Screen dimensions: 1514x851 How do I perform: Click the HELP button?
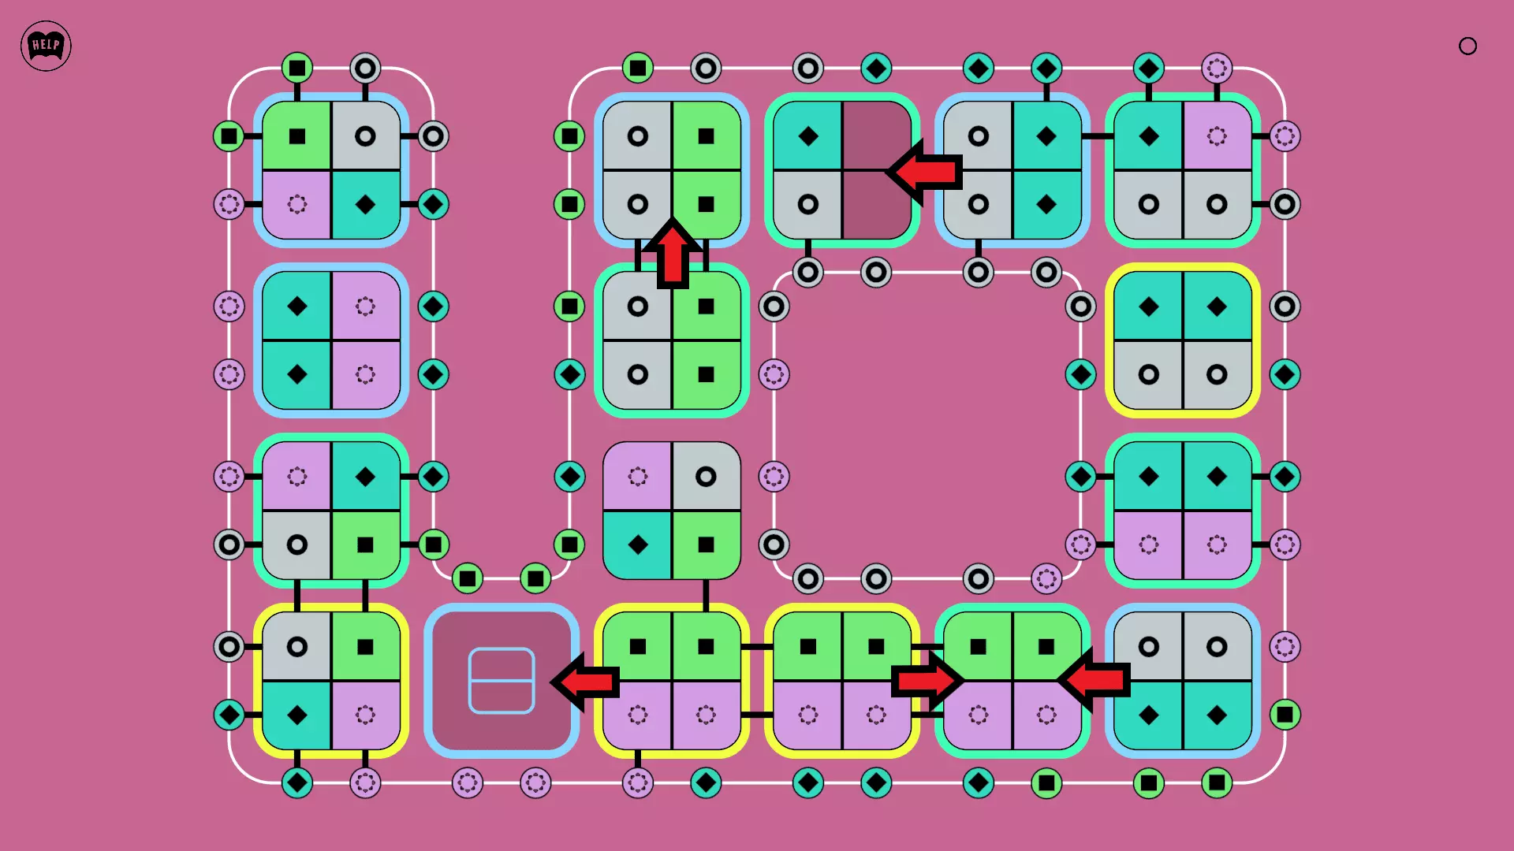[x=46, y=46]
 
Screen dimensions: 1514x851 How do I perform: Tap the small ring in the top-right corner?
[x=1467, y=46]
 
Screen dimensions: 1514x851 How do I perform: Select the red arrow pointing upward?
[x=673, y=253]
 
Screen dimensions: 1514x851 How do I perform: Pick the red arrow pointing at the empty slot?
[x=584, y=682]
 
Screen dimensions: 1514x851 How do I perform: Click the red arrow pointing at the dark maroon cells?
[x=923, y=172]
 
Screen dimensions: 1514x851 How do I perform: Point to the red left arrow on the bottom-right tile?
[x=1094, y=679]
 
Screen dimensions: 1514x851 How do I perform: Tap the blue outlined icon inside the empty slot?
[x=502, y=681]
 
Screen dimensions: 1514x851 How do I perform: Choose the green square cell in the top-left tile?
[x=296, y=136]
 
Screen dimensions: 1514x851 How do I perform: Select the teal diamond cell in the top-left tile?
[x=365, y=205]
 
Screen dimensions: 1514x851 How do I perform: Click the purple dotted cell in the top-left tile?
[x=296, y=205]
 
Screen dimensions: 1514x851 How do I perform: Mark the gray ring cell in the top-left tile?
[x=365, y=136]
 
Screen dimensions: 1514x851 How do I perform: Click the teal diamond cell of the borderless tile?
[x=637, y=544]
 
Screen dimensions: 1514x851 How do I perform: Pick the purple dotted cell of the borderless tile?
[x=637, y=476]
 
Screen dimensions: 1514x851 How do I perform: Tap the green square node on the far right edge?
[x=1285, y=715]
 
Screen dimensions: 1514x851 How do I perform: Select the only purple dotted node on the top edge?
[x=1217, y=69]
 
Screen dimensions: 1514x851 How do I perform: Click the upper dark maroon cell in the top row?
[x=877, y=136]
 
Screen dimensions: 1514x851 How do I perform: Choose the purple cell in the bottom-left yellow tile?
[x=365, y=715]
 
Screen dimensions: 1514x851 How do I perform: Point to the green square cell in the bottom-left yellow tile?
[x=365, y=646]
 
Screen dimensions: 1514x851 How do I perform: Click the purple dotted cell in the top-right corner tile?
[x=1217, y=136]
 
